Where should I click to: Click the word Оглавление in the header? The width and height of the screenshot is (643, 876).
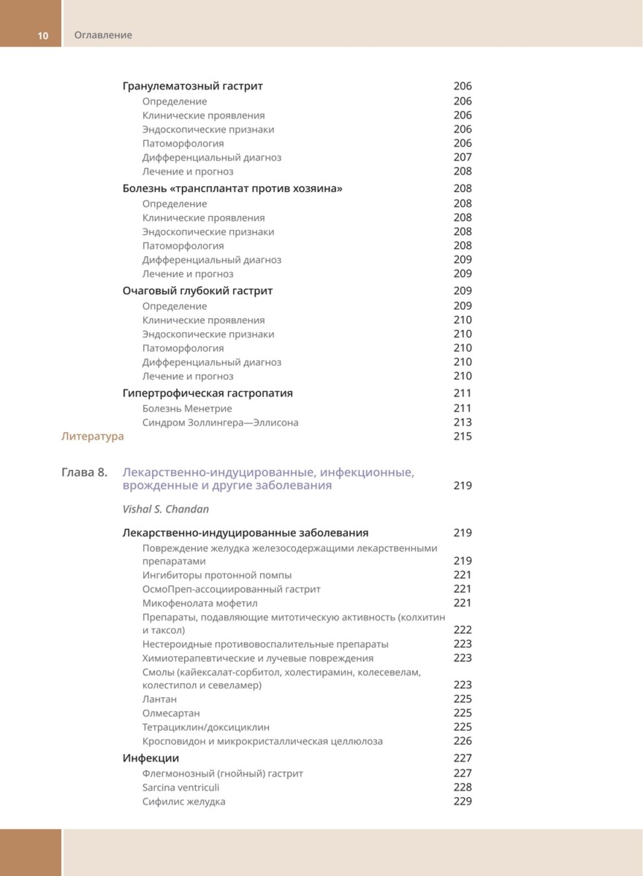tap(103, 35)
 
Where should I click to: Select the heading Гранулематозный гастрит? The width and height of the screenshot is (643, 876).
tap(192, 86)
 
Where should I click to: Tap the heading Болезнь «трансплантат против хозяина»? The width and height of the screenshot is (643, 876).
tap(232, 188)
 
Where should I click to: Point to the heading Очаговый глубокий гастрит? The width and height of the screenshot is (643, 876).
tap(197, 291)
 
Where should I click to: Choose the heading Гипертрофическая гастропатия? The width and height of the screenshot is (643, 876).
tap(208, 393)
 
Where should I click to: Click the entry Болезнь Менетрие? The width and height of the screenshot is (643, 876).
tap(187, 408)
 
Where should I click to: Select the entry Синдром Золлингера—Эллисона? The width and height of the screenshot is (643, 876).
tap(220, 422)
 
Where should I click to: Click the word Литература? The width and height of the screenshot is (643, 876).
tap(92, 437)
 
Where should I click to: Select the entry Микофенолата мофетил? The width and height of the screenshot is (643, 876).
tap(199, 603)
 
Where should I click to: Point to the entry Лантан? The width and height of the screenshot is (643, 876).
tap(159, 699)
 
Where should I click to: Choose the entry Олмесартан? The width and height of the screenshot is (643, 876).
tap(171, 712)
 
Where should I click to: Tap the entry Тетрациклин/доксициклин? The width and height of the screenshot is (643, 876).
tap(205, 727)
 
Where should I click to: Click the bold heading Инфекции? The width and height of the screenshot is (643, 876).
tap(151, 758)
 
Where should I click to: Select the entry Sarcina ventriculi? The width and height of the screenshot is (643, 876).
tap(180, 787)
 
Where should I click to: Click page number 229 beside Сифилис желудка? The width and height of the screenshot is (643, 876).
tap(463, 801)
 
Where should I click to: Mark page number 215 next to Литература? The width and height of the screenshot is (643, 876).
tap(463, 437)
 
